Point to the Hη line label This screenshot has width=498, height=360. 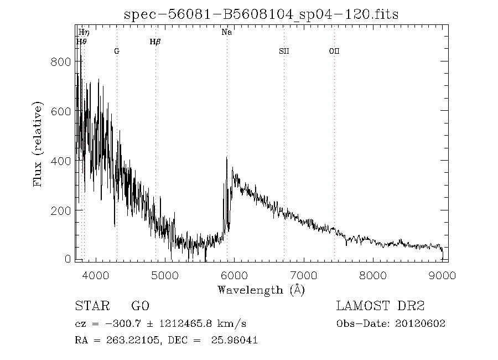click(84, 33)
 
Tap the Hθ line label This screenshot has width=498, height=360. click(81, 42)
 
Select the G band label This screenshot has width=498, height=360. click(117, 51)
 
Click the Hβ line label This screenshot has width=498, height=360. click(155, 42)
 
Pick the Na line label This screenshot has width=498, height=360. click(226, 32)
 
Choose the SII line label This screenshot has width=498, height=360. click(284, 51)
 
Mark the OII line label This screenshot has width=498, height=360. click(334, 51)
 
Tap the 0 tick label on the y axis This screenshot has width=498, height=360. click(68, 259)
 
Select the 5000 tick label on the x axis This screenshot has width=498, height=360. click(164, 275)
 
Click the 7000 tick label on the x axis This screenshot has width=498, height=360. click(303, 275)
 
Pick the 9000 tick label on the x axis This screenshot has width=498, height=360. click(442, 275)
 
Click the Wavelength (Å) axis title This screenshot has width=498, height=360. click(261, 290)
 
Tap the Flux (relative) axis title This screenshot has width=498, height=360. click(38, 144)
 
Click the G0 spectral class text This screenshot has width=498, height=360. click(140, 306)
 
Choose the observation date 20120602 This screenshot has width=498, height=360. click(421, 323)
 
